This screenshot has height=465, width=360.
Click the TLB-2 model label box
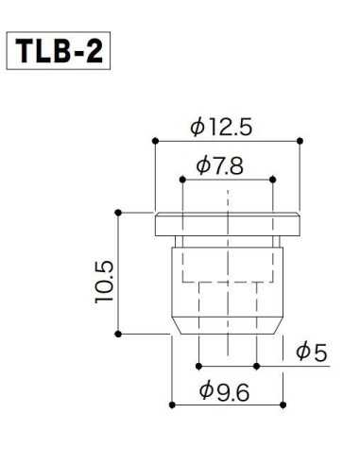pos(60,51)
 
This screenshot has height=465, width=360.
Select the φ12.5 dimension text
pos(228,125)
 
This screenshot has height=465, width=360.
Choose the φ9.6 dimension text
pos(227,391)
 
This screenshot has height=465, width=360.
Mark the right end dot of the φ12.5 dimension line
pos(300,140)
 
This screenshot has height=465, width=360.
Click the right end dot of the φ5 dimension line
pos(256,364)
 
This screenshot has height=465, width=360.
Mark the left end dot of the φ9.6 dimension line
pos(171,405)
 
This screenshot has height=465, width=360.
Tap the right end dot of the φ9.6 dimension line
pos(283,405)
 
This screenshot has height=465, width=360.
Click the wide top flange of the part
pos(228,225)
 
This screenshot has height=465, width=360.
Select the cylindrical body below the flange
pos(228,284)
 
